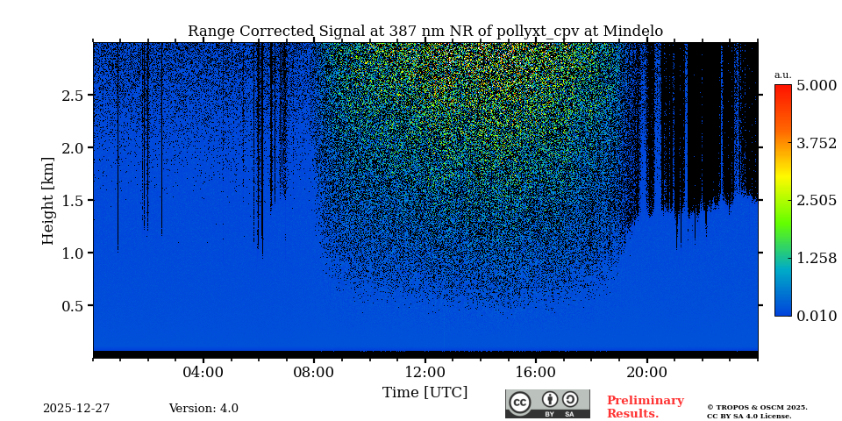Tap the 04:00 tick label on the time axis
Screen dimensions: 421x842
(x=203, y=373)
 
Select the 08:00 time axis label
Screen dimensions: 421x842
(x=314, y=373)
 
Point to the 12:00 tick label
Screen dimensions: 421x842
(x=425, y=373)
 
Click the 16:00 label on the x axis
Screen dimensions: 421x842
(x=536, y=373)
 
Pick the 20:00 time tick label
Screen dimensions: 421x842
(x=647, y=373)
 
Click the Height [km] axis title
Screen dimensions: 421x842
(x=48, y=200)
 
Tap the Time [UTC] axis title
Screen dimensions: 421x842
(x=425, y=393)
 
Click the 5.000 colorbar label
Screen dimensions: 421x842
(x=817, y=86)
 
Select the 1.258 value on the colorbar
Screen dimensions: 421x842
(x=817, y=258)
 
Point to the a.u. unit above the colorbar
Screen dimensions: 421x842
(x=782, y=75)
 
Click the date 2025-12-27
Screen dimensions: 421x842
(x=76, y=409)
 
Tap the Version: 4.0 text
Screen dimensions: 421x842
(x=203, y=409)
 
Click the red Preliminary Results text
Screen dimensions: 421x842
(x=645, y=407)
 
